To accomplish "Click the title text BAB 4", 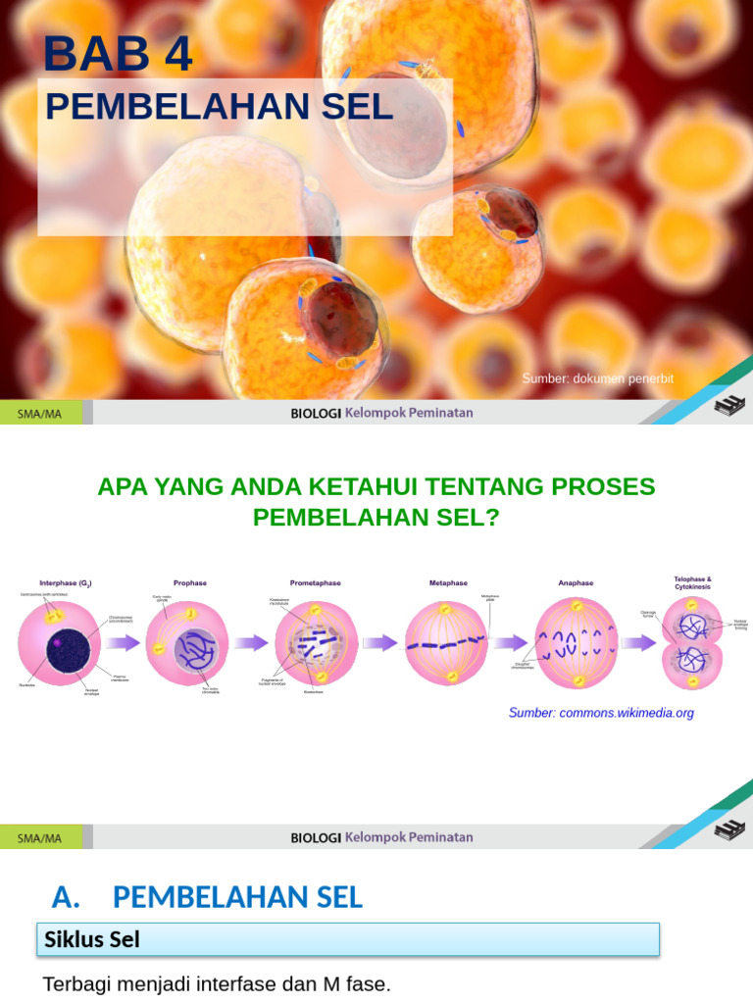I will point(118,54).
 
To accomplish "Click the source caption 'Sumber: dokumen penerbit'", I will point(598,378).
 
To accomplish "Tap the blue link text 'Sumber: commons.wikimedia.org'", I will point(601,713).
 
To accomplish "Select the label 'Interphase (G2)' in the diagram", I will point(66,582).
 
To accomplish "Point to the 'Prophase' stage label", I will point(190,582).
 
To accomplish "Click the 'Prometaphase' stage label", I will point(315,582).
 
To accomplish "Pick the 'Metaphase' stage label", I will point(449,582).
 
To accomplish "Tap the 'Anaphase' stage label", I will point(576,582).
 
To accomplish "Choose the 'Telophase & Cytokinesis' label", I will point(692,582).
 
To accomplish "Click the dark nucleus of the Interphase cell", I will point(64,648).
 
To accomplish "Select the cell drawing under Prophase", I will point(187,644).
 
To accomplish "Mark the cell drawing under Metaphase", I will point(446,643).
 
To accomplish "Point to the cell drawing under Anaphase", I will point(577,643).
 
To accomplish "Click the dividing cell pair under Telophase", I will point(692,643).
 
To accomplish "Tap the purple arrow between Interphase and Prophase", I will point(125,643).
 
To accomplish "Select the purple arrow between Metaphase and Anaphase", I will point(510,643).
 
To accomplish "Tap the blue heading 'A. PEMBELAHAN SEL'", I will point(207,896).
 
